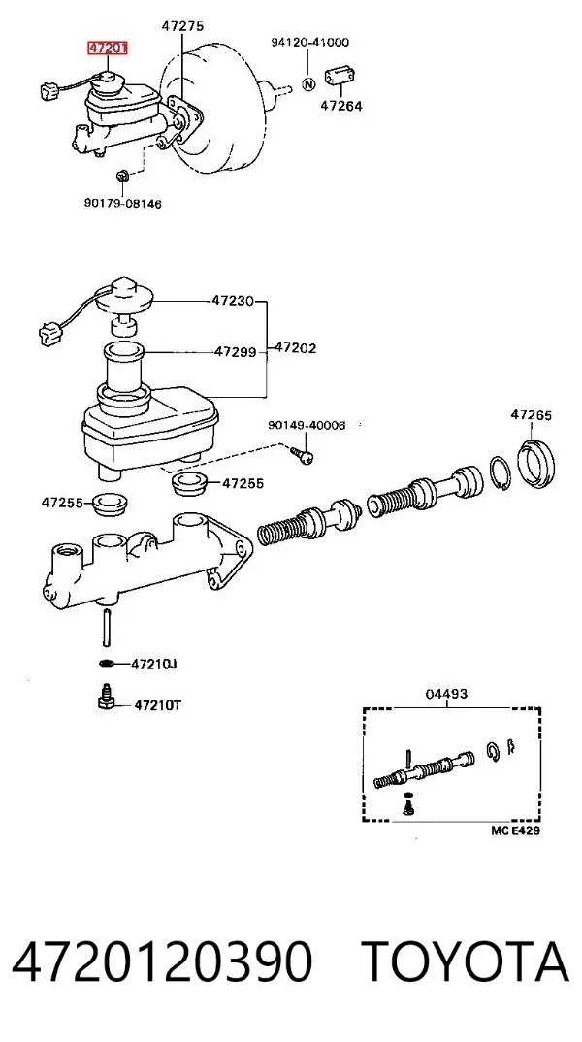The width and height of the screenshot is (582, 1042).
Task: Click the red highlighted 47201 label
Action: click(x=108, y=48)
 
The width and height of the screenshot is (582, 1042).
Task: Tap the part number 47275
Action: click(x=182, y=26)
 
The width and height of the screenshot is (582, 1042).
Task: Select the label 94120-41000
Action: click(x=309, y=42)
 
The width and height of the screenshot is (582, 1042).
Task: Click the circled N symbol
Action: click(x=308, y=84)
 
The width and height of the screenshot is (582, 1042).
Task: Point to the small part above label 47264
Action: click(x=339, y=77)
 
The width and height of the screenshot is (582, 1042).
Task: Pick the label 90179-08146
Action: click(x=122, y=204)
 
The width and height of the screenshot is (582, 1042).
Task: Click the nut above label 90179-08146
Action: click(x=122, y=177)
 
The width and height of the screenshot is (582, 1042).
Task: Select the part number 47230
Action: click(x=233, y=301)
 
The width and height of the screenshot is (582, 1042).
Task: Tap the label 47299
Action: click(x=235, y=351)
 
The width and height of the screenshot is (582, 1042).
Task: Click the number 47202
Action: click(x=296, y=347)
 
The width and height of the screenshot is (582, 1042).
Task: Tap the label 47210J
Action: click(x=154, y=664)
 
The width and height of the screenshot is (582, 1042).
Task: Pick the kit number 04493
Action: click(x=446, y=694)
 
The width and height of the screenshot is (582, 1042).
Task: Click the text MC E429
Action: click(x=516, y=830)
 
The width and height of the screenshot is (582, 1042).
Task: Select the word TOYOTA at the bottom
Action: click(x=465, y=962)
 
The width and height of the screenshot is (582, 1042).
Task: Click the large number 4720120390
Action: click(x=162, y=962)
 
